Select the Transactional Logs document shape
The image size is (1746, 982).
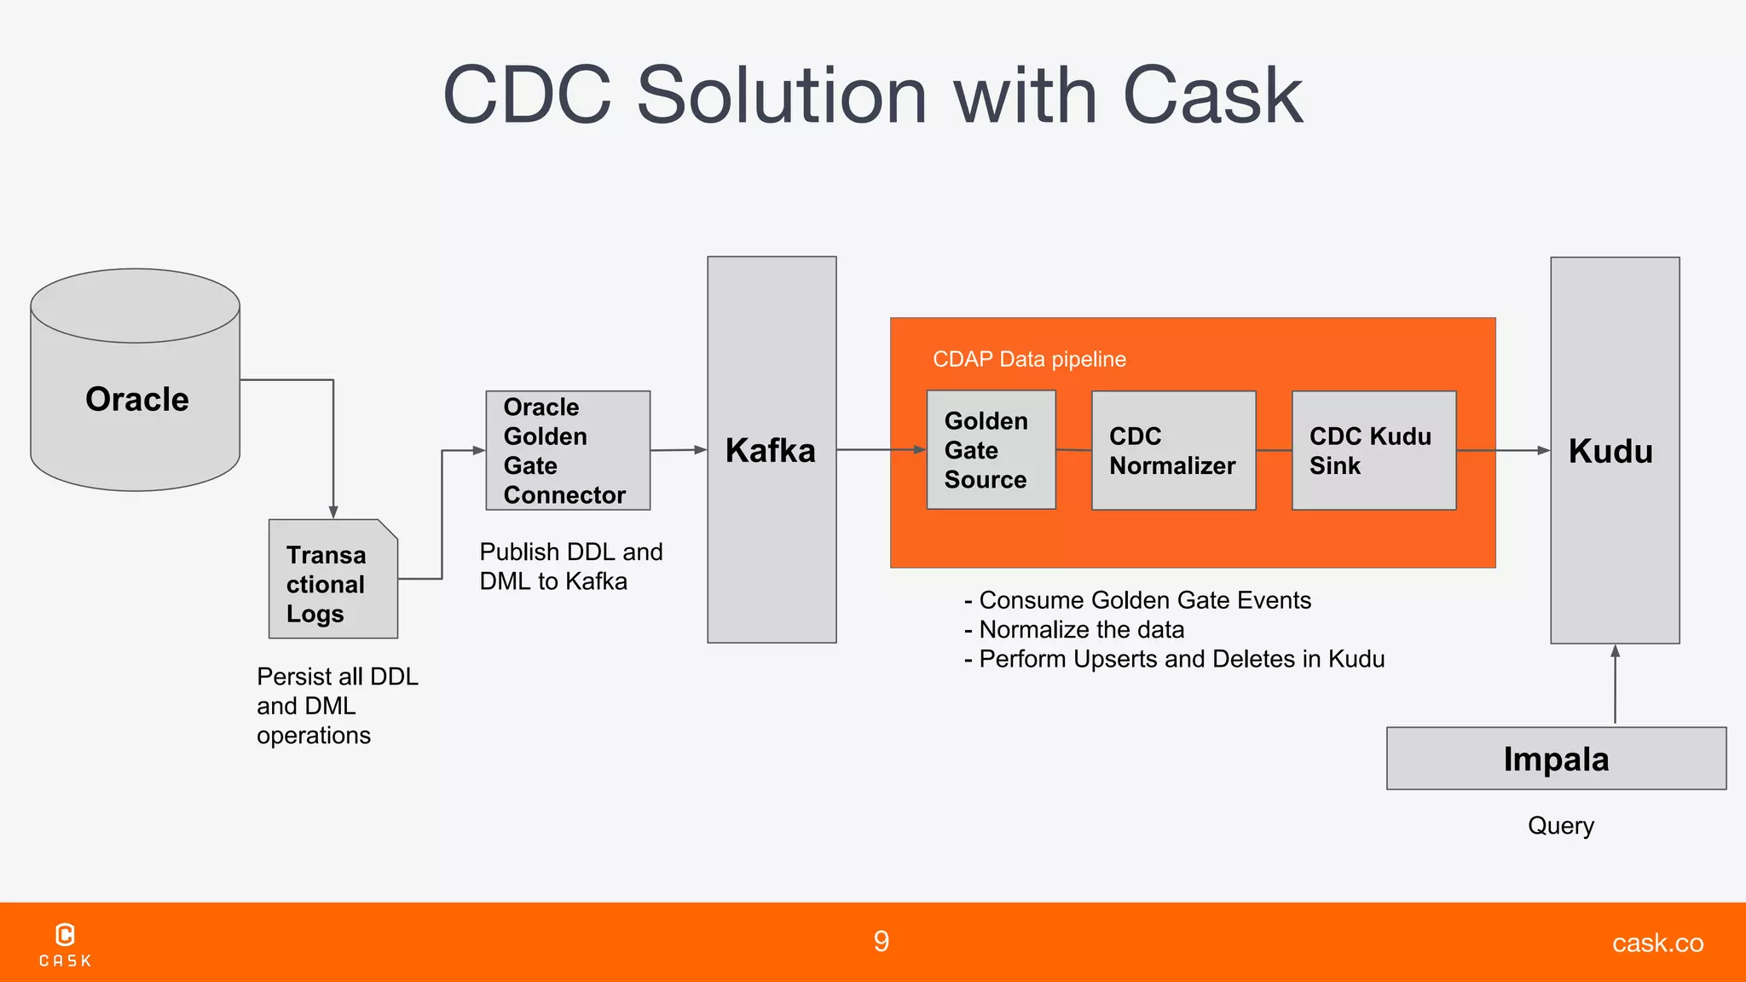tap(332, 580)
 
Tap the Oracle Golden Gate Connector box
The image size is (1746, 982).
tap(568, 451)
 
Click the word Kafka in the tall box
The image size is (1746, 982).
tap(770, 451)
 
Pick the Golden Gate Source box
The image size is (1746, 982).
tap(991, 450)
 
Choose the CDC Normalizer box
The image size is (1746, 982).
tap(1173, 451)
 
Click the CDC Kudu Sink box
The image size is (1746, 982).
tap(1373, 451)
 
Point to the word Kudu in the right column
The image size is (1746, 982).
tap(1610, 452)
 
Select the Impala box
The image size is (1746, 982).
tap(1556, 759)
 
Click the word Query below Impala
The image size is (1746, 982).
tap(1560, 825)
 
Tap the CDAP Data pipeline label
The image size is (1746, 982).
tap(1029, 359)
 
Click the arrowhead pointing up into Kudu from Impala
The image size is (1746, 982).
tap(1615, 651)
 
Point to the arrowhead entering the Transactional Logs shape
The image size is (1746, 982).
tap(333, 512)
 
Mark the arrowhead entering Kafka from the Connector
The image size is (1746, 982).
tap(701, 449)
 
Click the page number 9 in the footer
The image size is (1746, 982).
tap(882, 941)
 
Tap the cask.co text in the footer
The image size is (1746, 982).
tap(1657, 943)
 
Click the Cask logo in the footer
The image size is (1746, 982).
tap(65, 944)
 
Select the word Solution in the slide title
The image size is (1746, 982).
tap(781, 95)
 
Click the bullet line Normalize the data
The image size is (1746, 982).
tap(1081, 630)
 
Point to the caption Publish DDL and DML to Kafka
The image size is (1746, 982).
tap(569, 566)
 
